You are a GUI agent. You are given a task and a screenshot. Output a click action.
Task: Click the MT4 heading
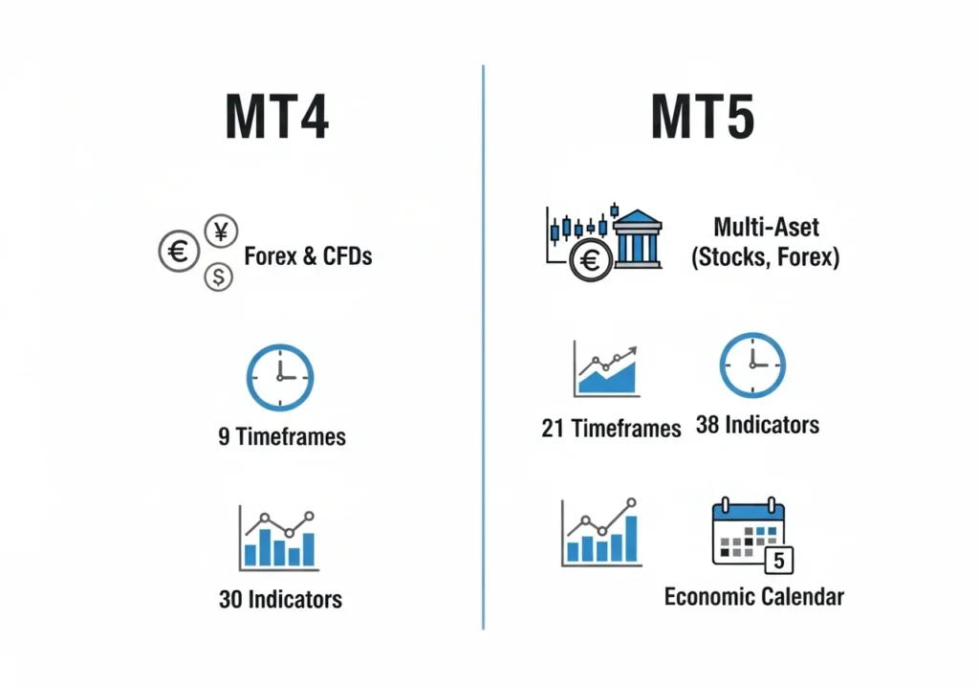click(x=277, y=118)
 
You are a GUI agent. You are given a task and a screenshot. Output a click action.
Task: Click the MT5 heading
click(x=703, y=118)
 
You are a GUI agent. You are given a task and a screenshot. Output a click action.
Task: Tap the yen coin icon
click(x=222, y=231)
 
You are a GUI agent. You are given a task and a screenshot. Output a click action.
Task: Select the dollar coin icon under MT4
click(x=219, y=277)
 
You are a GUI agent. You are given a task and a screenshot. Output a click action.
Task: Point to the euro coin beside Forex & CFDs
click(x=179, y=253)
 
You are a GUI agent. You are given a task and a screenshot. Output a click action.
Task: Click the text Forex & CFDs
click(x=308, y=255)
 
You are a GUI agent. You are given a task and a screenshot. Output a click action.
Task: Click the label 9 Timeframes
click(x=282, y=437)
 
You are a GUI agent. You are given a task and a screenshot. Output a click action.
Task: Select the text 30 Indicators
click(x=280, y=600)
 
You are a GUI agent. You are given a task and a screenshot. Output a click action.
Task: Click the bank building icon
click(x=636, y=238)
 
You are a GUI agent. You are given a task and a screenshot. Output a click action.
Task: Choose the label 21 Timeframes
click(x=611, y=428)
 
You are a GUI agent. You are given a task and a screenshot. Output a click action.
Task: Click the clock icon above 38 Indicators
click(x=752, y=365)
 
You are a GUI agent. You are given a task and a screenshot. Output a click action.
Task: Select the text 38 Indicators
click(x=757, y=424)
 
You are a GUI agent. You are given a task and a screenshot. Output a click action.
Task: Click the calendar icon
click(x=749, y=532)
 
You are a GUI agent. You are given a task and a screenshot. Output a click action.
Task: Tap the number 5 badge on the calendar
click(x=780, y=560)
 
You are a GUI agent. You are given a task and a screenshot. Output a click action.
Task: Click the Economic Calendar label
click(x=754, y=597)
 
